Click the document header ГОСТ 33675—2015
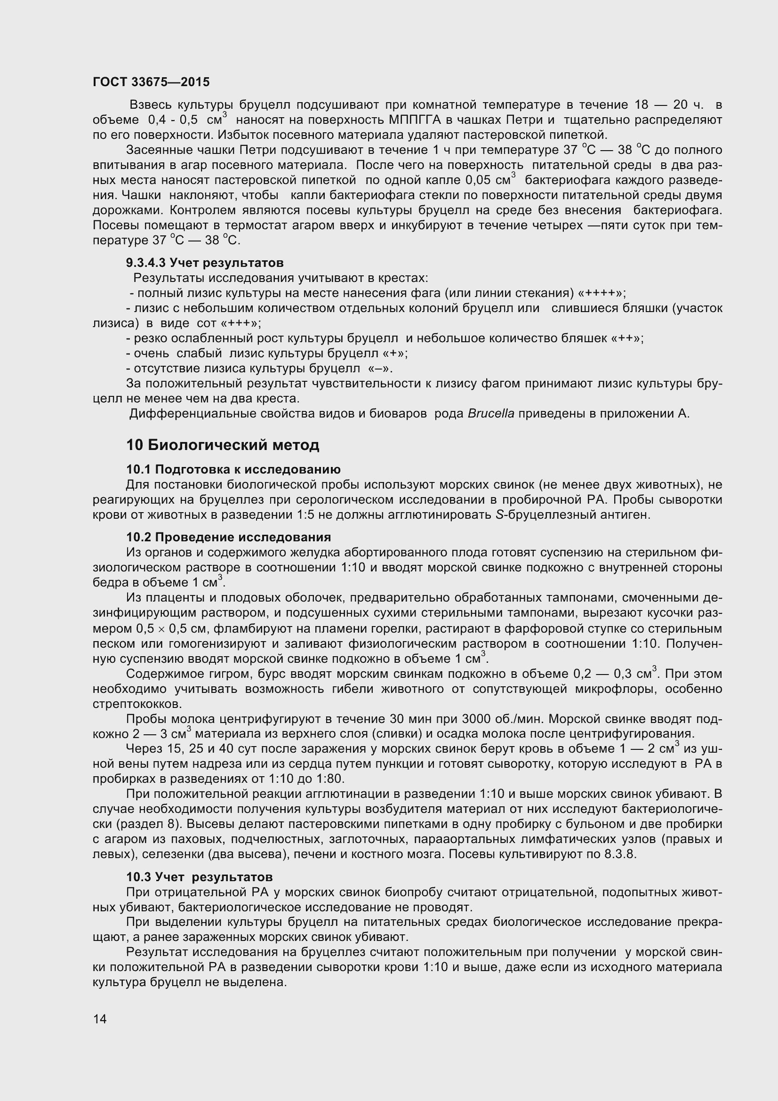151,82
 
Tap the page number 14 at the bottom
100,1019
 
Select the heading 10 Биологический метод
223,445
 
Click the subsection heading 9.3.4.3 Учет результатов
205,263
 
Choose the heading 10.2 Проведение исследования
228,537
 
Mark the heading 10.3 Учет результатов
200,877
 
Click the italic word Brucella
490,414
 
